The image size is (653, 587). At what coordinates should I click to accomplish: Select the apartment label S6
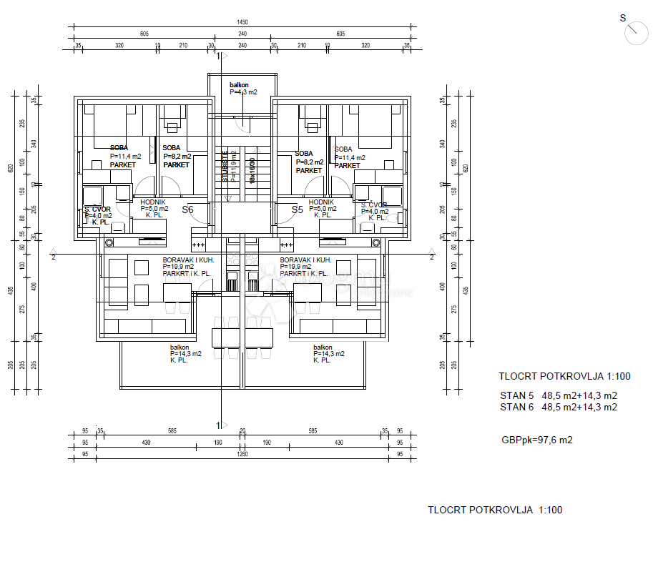point(188,209)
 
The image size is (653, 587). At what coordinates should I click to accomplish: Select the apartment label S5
point(298,209)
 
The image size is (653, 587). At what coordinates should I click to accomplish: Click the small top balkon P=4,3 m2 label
point(243,89)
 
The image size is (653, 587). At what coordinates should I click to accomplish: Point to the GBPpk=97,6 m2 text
point(536,440)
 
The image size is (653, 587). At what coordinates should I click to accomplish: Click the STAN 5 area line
point(558,395)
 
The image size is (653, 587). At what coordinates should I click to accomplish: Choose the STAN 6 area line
point(558,407)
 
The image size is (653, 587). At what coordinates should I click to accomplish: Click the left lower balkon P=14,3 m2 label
point(185,353)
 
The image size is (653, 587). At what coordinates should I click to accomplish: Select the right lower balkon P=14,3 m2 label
point(328,353)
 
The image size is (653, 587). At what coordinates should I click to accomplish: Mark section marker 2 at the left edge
point(53,255)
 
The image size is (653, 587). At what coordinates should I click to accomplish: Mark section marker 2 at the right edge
point(431,255)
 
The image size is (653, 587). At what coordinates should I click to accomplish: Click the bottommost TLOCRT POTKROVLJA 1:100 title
point(495,510)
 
